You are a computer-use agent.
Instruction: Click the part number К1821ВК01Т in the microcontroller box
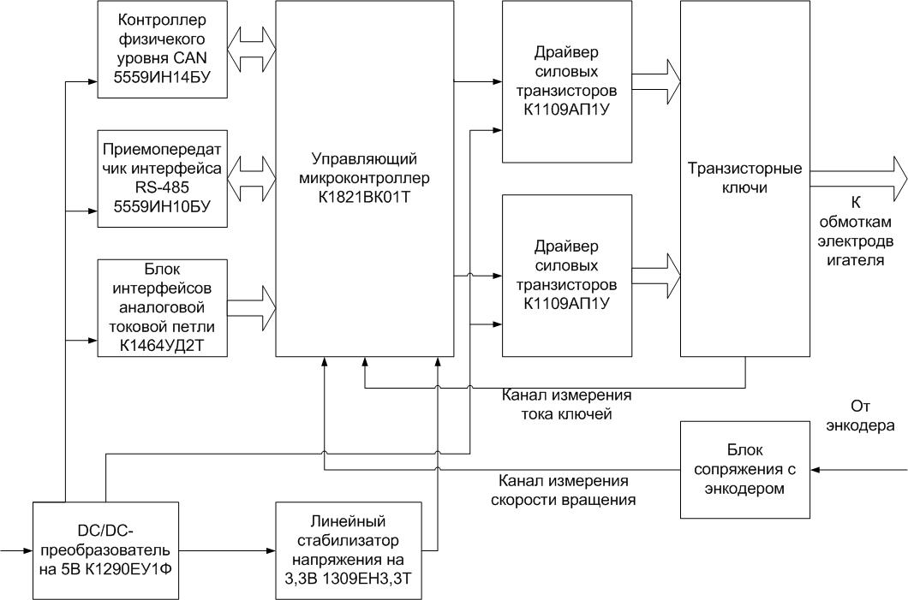(x=364, y=198)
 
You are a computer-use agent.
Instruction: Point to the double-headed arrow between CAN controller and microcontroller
(x=251, y=49)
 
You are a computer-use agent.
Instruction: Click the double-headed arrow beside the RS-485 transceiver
(x=251, y=179)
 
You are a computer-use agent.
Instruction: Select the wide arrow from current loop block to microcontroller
(x=251, y=308)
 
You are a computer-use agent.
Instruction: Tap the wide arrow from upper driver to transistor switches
(x=656, y=81)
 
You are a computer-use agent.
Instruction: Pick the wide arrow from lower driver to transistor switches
(x=656, y=276)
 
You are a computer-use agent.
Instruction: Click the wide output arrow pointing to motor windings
(x=859, y=179)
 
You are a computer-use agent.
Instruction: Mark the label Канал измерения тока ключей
(x=566, y=405)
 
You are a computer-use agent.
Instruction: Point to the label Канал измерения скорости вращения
(x=563, y=490)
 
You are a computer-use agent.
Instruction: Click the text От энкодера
(x=860, y=416)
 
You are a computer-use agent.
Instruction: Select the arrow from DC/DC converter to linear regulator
(x=227, y=551)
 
